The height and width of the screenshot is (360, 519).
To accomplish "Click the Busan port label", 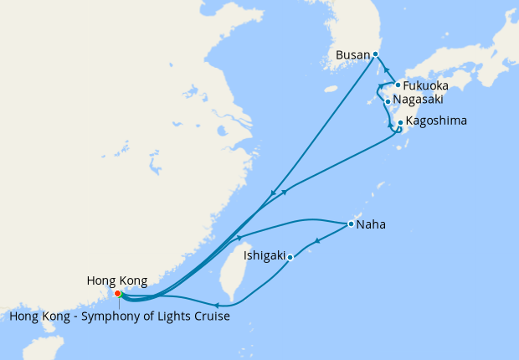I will coord(352,55).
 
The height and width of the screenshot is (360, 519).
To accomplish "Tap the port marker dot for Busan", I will coord(375,54).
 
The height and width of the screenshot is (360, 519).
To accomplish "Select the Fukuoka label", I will coord(425,86).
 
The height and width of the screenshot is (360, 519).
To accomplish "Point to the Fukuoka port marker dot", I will coord(398,85).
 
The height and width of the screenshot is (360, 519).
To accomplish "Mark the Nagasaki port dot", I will coord(388,102).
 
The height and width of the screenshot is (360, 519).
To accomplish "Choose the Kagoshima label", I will coord(436,121).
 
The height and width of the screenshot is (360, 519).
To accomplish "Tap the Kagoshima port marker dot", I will coord(401,122).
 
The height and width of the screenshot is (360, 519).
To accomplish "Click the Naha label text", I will coord(371,224).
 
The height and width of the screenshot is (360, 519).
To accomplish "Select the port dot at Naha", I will coord(350,224).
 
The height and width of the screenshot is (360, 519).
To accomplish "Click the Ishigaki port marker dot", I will coord(290,257).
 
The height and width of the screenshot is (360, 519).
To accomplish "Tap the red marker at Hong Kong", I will coord(118,293).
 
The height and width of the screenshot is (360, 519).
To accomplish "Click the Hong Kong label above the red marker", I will coord(117,280).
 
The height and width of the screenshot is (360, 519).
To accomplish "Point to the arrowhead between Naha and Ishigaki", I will coord(317,242).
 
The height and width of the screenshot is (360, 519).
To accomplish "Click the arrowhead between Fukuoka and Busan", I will coord(388,70).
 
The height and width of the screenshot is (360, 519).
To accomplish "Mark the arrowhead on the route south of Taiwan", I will coord(217,306).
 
